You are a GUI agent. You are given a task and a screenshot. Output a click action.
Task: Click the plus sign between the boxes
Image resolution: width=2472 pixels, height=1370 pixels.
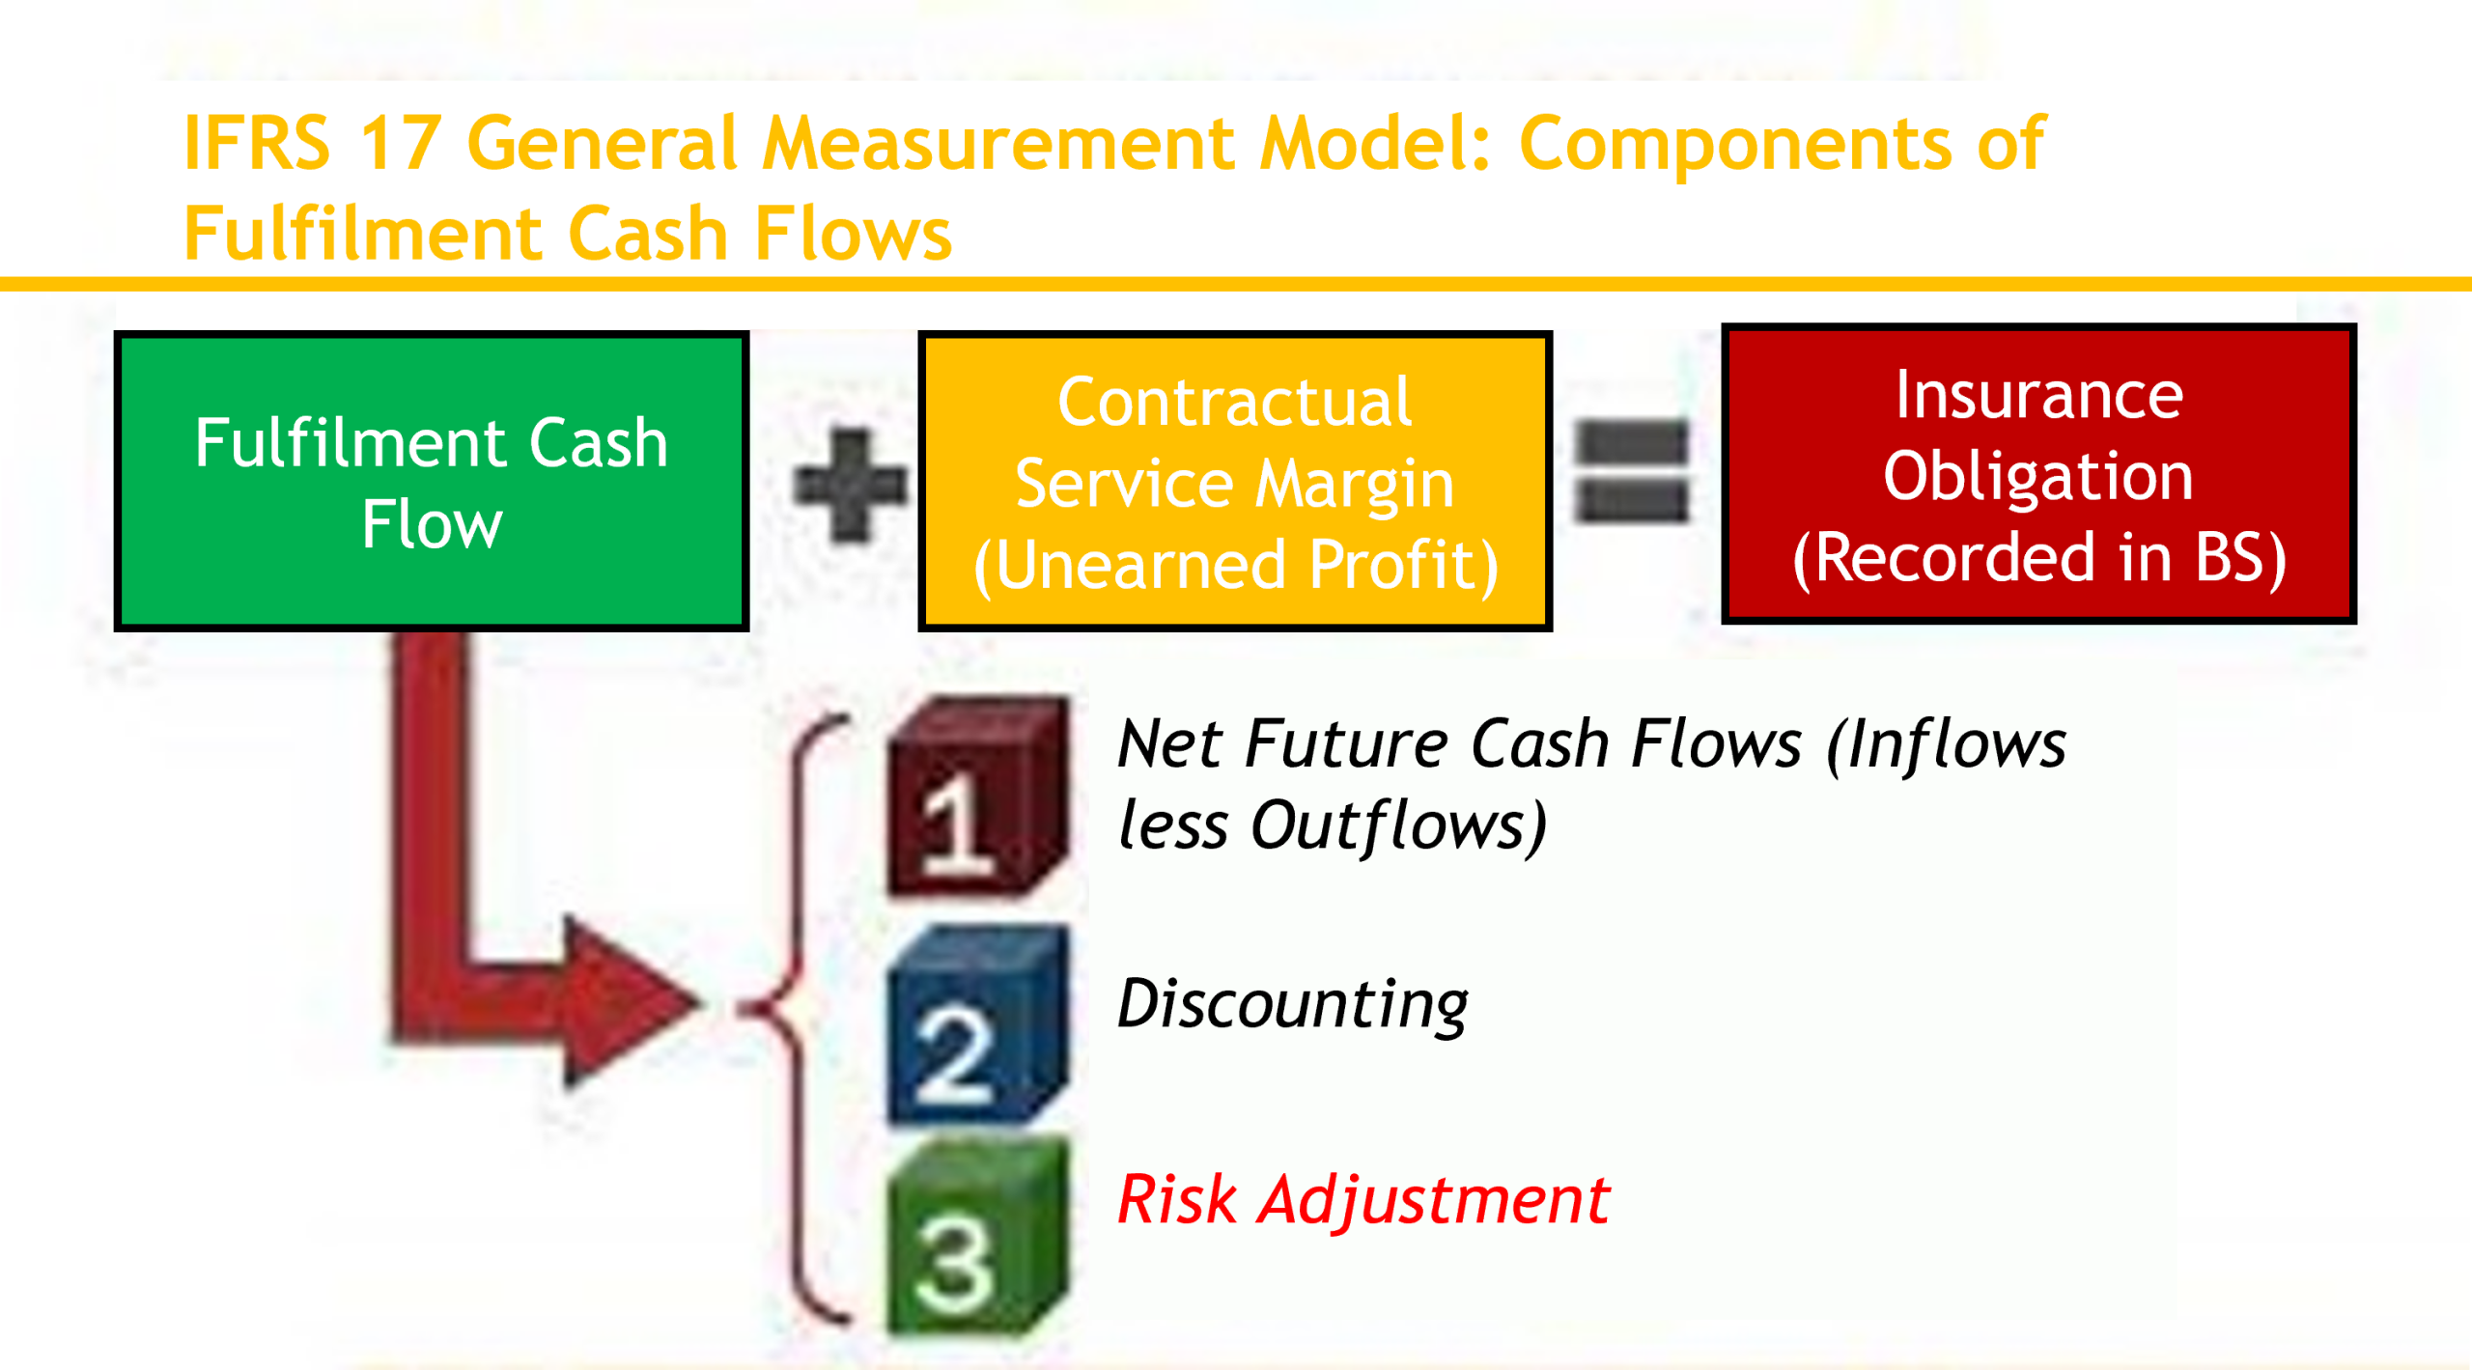tap(851, 485)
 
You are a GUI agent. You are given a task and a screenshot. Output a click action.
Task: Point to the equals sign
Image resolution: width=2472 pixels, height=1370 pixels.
tap(1631, 472)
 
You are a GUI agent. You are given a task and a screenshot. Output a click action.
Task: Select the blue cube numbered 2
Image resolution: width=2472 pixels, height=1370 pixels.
tap(977, 1026)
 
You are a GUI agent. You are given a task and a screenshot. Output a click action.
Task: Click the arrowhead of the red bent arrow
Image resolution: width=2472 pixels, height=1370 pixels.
tap(628, 1001)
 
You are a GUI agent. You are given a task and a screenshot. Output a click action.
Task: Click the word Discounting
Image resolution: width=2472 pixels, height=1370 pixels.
tap(1292, 1004)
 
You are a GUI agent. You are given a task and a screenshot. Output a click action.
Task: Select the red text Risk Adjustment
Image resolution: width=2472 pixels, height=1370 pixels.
tap(1362, 1200)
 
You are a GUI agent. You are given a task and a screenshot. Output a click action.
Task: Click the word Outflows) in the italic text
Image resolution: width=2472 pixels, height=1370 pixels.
tap(1398, 826)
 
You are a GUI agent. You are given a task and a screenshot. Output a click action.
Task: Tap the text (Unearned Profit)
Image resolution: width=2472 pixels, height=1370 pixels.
tap(1236, 565)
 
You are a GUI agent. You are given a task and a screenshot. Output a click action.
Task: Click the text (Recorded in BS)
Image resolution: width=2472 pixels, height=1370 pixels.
tap(2039, 557)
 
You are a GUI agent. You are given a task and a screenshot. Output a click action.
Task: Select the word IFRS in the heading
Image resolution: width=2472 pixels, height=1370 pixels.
tap(257, 143)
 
